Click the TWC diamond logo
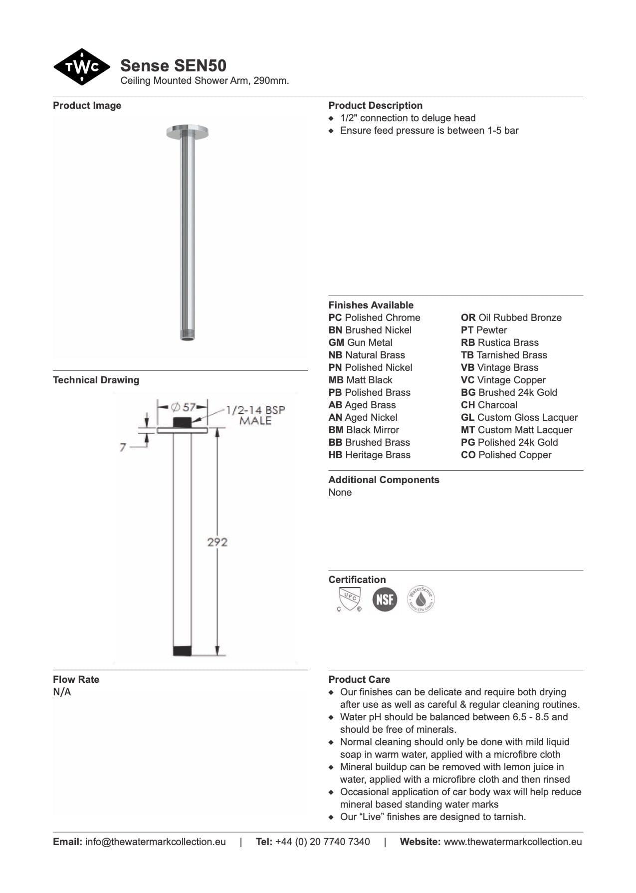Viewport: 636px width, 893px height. (x=81, y=67)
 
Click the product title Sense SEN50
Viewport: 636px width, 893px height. (x=173, y=65)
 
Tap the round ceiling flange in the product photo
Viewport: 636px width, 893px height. (x=187, y=132)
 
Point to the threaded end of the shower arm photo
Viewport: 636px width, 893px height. (x=187, y=335)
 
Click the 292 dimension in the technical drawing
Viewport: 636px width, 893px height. (x=217, y=542)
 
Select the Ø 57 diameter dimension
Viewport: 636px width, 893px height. (x=183, y=407)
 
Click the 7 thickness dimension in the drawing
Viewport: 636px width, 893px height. (x=123, y=447)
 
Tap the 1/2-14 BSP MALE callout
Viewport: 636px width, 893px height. (x=255, y=415)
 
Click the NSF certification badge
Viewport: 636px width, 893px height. (x=385, y=599)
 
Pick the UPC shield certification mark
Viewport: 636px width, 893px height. (x=349, y=599)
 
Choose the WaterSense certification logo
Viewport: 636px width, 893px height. (x=421, y=599)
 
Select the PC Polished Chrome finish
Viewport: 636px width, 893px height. (x=374, y=317)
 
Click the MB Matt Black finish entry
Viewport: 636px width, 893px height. (x=360, y=380)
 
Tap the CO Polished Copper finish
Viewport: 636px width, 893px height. (x=506, y=455)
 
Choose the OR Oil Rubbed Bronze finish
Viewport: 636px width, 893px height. (x=511, y=317)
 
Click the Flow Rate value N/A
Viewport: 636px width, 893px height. (x=62, y=692)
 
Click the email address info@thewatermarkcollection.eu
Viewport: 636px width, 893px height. (x=155, y=842)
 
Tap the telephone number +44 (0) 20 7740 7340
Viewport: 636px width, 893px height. (x=322, y=842)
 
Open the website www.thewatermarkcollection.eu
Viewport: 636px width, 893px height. (x=512, y=842)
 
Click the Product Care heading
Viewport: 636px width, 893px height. (x=359, y=679)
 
